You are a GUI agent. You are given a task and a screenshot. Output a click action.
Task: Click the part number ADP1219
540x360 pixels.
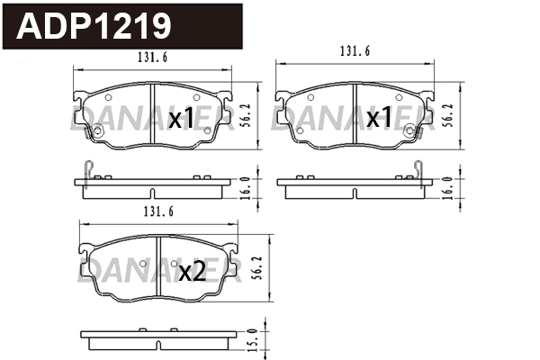(x=94, y=26)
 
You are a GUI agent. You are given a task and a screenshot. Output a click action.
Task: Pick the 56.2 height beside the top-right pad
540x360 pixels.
(x=447, y=115)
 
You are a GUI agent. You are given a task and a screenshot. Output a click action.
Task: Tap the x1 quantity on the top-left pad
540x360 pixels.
(x=182, y=118)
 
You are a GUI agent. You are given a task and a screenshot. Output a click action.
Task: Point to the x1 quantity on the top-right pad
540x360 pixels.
(x=385, y=118)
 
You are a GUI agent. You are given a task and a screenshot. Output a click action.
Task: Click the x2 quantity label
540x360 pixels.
(x=193, y=272)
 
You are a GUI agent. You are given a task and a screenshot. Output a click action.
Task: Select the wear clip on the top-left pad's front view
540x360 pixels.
(x=89, y=134)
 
